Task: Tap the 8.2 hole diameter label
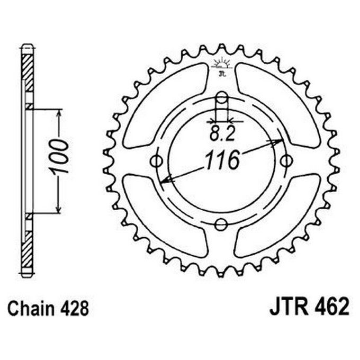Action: pyautogui.click(x=222, y=134)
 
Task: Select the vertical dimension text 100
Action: pyautogui.click(x=59, y=157)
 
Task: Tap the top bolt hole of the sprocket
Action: pyautogui.click(x=222, y=97)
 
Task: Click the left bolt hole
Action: pyautogui.click(x=157, y=160)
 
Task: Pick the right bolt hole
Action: pyautogui.click(x=286, y=160)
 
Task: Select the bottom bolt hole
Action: pyautogui.click(x=221, y=224)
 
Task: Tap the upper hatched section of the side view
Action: pyautogui.click(x=28, y=71)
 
